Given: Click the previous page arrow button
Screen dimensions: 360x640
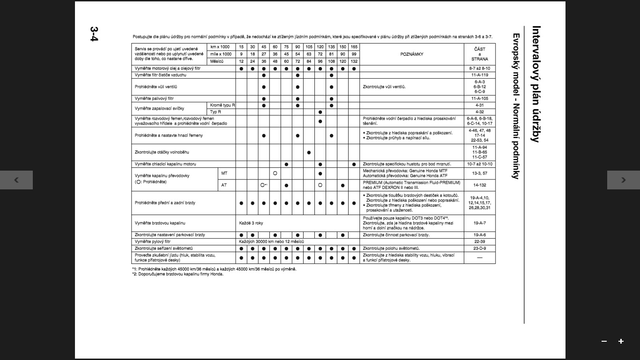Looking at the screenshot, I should [16, 180].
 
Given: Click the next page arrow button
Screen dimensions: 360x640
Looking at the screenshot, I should [623, 180].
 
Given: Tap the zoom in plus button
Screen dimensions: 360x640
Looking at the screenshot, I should [621, 341].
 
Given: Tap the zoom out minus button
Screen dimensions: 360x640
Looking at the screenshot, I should [604, 341].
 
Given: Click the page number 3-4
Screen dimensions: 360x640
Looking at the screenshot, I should [94, 34].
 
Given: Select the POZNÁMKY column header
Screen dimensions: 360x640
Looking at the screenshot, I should [411, 54].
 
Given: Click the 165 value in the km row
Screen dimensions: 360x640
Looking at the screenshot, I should [354, 47].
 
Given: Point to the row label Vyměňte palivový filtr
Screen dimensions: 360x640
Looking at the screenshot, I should [154, 99].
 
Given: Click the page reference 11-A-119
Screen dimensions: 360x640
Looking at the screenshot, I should [479, 75].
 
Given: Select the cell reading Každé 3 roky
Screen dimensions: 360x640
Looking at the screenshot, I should [251, 223].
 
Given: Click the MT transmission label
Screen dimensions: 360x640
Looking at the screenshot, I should [224, 173].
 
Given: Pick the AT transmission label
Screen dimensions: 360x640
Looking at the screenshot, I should [224, 185].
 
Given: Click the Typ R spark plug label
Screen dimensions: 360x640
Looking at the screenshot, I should [216, 112].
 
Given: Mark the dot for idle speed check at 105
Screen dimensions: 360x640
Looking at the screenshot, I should [309, 152].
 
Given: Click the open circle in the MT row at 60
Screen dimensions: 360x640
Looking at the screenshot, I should [275, 173].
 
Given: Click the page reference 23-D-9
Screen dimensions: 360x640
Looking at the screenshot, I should [479, 248].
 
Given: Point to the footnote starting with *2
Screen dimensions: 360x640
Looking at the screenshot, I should [178, 274].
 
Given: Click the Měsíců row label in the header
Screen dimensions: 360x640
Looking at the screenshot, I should [217, 61].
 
